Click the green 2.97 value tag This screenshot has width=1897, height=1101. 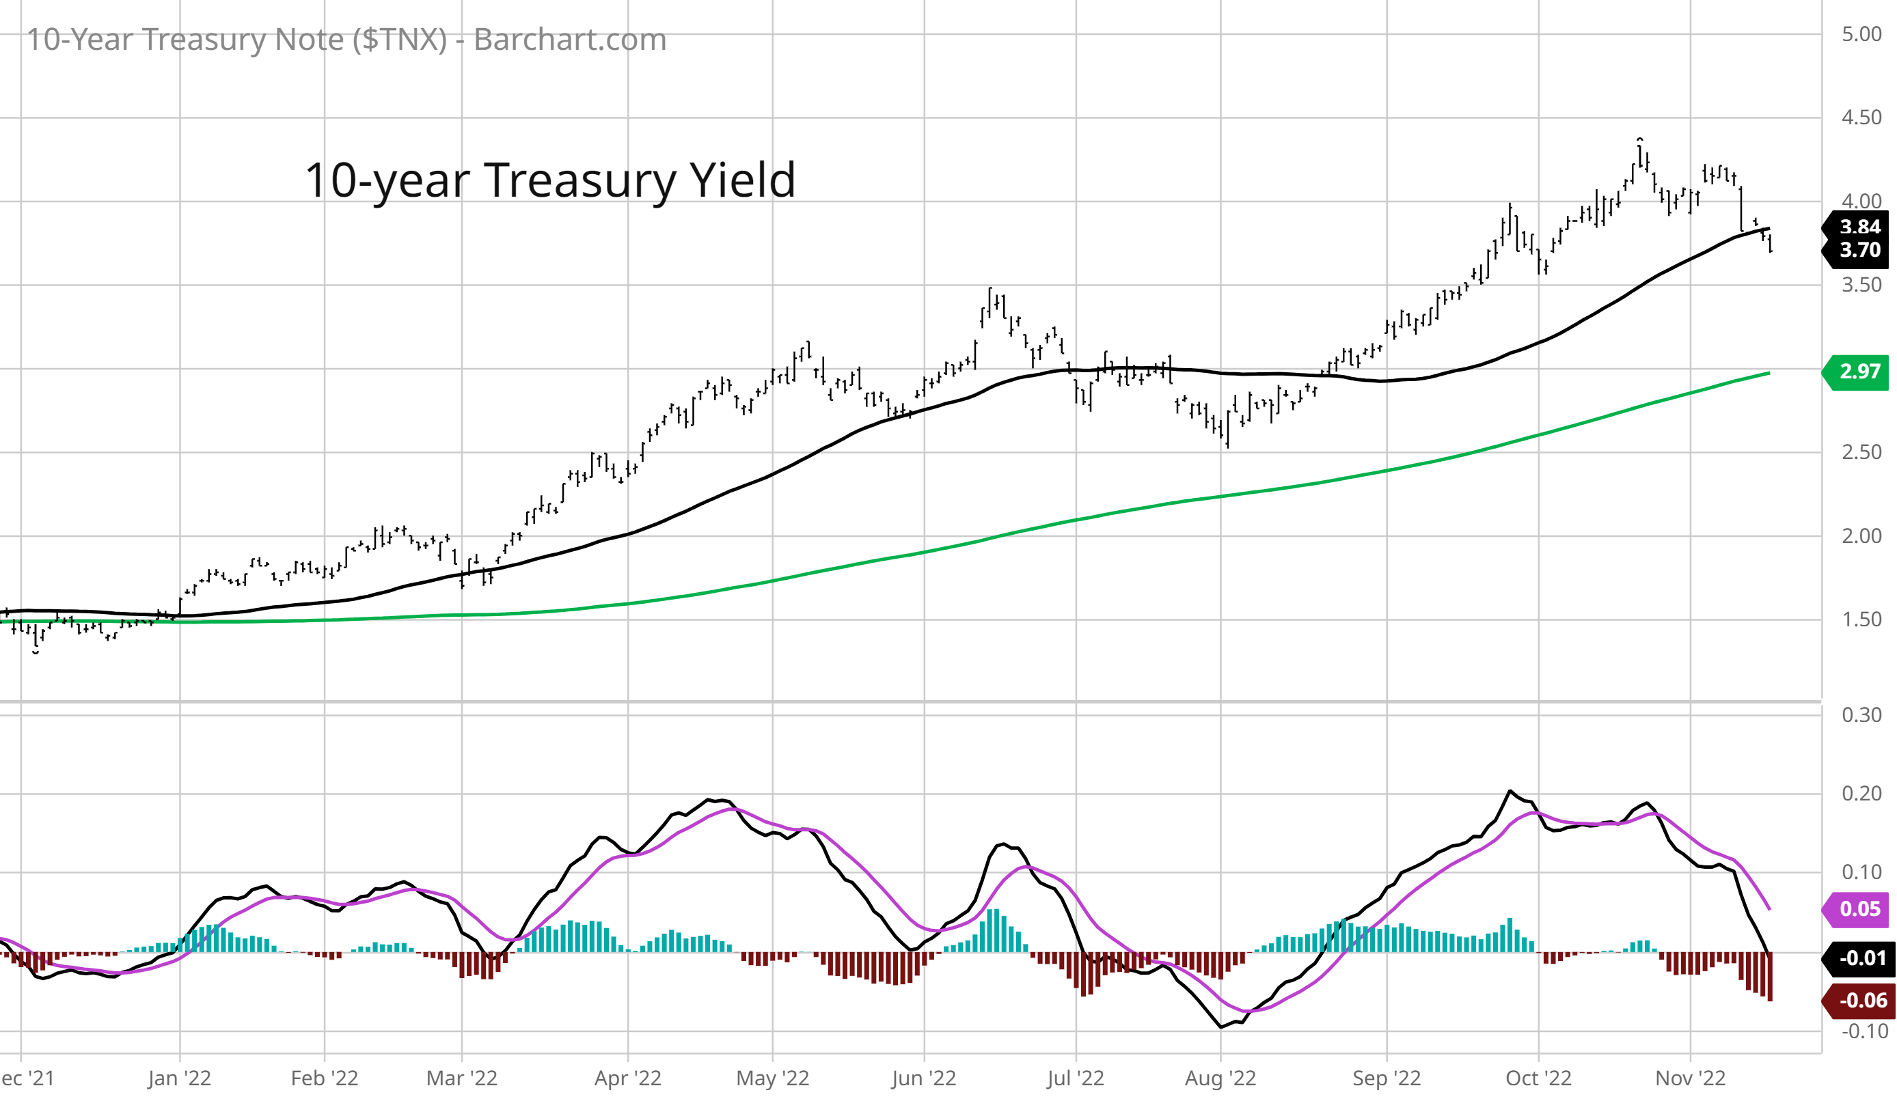pyautogui.click(x=1859, y=372)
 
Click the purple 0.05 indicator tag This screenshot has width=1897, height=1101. pyautogui.click(x=1859, y=908)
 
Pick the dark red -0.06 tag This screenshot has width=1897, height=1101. pyautogui.click(x=1859, y=1000)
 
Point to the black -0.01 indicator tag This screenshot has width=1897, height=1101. pyautogui.click(x=1859, y=958)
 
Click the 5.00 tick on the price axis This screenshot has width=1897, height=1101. pyautogui.click(x=1861, y=35)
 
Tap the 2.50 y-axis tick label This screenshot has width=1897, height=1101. pyautogui.click(x=1861, y=452)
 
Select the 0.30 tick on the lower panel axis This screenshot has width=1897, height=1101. pyautogui.click(x=1861, y=715)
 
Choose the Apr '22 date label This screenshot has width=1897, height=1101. pyautogui.click(x=627, y=1078)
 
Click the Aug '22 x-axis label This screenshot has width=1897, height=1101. pyautogui.click(x=1220, y=1078)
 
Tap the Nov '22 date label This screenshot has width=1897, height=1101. pyautogui.click(x=1689, y=1078)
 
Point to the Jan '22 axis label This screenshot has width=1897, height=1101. pyautogui.click(x=179, y=1078)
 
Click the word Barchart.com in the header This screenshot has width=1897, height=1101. pyautogui.click(x=570, y=39)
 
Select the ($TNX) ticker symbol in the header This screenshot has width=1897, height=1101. pyautogui.click(x=400, y=39)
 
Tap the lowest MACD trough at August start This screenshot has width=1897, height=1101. pyautogui.click(x=1220, y=1027)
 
